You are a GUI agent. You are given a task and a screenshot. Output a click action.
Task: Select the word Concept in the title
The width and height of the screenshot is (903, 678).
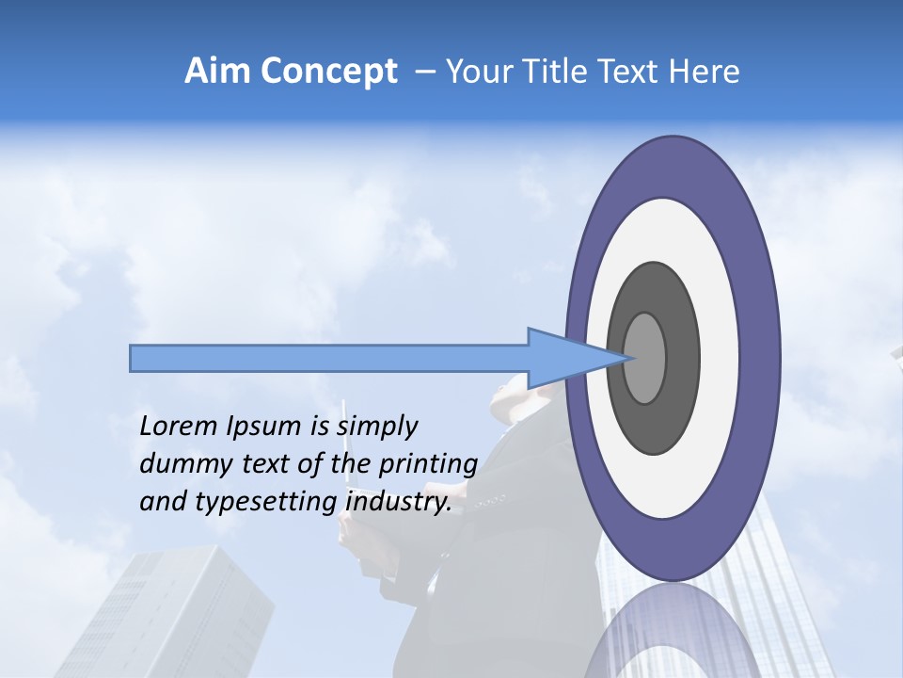(x=328, y=72)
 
